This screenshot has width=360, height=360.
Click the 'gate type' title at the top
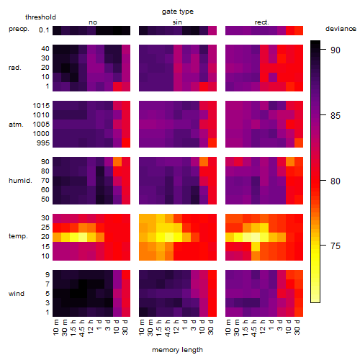[x=178, y=12]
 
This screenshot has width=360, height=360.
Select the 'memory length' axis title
[x=177, y=350]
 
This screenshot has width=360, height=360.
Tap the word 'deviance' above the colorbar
[x=341, y=29]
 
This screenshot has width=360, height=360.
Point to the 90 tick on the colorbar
[x=323, y=50]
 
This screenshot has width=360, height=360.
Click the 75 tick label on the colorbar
[x=336, y=246]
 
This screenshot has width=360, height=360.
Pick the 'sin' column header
[x=177, y=22]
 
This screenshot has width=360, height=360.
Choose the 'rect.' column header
[x=262, y=22]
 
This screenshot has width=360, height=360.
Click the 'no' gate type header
[x=93, y=22]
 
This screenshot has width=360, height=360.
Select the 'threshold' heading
[x=40, y=17]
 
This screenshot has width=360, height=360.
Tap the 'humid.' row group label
[x=20, y=181]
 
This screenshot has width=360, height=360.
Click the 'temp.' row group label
[x=18, y=236]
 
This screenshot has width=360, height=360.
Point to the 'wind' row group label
[x=17, y=294]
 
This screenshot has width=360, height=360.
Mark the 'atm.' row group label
[x=16, y=125]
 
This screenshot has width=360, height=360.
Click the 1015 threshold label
[x=41, y=106]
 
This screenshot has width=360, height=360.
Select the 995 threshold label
[x=43, y=143]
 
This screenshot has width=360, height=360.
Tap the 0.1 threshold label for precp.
[x=44, y=30]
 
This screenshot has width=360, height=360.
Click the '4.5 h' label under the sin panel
[x=168, y=328]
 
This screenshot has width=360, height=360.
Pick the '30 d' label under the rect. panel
[x=297, y=327]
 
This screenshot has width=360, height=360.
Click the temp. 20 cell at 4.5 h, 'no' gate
[x=83, y=237]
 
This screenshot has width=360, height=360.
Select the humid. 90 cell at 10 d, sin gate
[x=204, y=161]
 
